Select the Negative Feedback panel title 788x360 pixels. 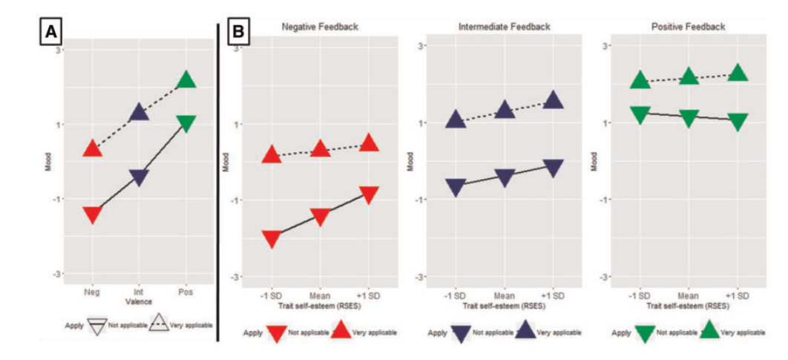pyautogui.click(x=320, y=27)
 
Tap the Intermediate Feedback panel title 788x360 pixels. pyautogui.click(x=505, y=27)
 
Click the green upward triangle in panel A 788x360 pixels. pyautogui.click(x=185, y=80)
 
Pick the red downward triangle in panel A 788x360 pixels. pyautogui.click(x=93, y=215)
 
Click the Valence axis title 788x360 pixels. pyautogui.click(x=139, y=301)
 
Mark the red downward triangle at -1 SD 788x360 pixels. pyautogui.click(x=272, y=239)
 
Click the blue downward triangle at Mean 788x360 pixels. pyautogui.click(x=505, y=177)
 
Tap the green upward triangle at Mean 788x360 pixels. pyautogui.click(x=689, y=76)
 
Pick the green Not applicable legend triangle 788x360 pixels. pyautogui.click(x=645, y=333)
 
